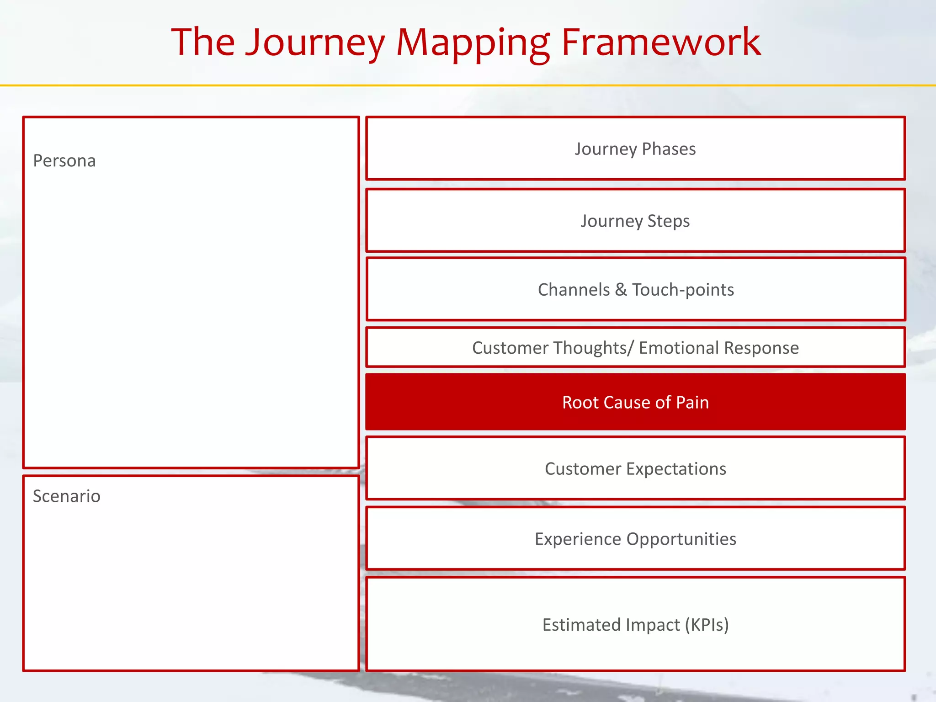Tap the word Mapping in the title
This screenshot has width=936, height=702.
473,43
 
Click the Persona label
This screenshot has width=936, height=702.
64,161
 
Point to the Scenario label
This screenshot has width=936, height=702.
67,496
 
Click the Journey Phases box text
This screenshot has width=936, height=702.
635,149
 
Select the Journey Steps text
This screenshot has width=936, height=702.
635,221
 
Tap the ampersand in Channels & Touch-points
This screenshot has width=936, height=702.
621,290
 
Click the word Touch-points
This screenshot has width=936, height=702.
683,290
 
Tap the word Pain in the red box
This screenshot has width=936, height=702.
692,403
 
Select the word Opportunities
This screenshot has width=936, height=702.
681,539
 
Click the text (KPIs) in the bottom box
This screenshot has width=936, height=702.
707,625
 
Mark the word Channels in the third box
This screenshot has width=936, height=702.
574,290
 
